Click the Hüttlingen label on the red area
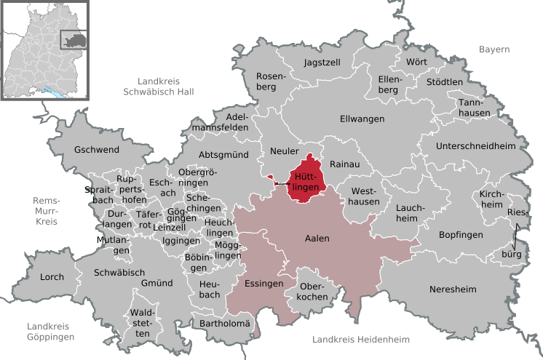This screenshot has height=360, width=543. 306,182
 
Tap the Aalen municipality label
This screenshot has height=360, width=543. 317,239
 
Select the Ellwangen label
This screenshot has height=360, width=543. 362,119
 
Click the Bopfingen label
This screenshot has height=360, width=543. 461,234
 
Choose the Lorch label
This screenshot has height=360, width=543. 52,277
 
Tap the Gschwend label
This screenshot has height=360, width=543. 96,150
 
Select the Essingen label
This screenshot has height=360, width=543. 263,284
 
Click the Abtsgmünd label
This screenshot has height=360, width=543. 224,155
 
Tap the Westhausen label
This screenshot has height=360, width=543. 365,196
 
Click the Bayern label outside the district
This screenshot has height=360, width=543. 494,49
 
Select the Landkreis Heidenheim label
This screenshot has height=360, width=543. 360,340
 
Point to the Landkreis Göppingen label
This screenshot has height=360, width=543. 50,332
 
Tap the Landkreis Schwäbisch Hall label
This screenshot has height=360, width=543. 157,86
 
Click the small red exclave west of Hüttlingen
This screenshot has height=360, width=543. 270,177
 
